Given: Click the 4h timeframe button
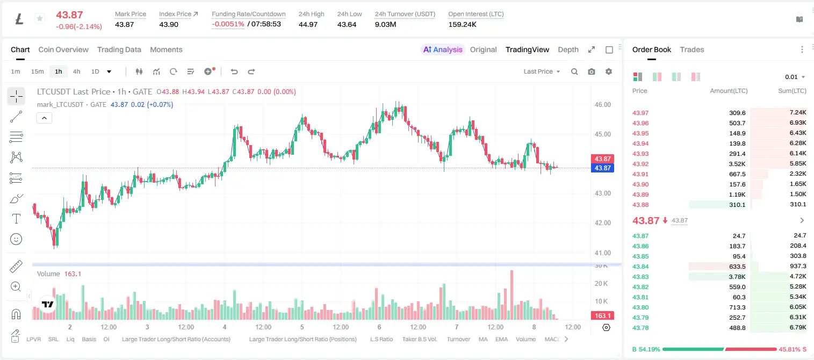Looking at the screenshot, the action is (76, 71).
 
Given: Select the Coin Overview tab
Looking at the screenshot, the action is (63, 49).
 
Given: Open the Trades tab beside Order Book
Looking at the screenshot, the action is (692, 49).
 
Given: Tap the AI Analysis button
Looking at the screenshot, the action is (443, 49).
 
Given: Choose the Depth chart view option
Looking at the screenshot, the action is (568, 49).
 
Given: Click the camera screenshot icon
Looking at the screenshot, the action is (592, 71).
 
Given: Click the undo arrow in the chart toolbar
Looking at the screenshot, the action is (234, 71).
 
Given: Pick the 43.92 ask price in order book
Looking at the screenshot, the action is (640, 164).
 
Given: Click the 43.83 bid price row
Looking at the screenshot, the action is (640, 277).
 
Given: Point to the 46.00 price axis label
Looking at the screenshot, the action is (602, 105).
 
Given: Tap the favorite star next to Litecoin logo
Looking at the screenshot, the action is (40, 18).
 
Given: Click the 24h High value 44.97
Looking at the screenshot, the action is (308, 24).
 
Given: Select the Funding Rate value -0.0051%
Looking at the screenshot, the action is (228, 24).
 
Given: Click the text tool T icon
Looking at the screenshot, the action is (16, 219).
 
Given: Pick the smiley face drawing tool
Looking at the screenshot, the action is (16, 239).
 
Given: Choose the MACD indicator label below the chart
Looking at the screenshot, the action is (552, 339).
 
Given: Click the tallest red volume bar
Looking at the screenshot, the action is (512, 295).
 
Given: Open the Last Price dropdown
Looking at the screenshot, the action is (542, 71).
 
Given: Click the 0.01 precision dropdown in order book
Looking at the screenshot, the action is (795, 77).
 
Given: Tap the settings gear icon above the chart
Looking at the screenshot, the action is (609, 71).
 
